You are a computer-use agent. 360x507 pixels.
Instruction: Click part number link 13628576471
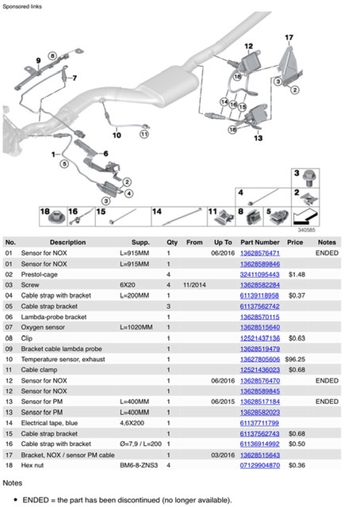(259, 253)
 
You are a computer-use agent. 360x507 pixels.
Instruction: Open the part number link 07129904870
(259, 465)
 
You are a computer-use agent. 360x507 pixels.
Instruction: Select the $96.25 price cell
(295, 359)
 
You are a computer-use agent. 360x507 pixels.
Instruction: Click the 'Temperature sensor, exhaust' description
(63, 359)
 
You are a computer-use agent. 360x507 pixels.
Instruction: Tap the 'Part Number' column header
(259, 242)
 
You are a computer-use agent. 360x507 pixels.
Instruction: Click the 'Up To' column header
(223, 242)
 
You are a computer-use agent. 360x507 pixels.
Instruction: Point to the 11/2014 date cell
(194, 285)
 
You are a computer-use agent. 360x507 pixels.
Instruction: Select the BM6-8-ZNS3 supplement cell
(139, 465)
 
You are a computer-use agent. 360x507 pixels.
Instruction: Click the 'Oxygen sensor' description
(43, 327)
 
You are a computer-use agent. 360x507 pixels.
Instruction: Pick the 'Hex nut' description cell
(32, 465)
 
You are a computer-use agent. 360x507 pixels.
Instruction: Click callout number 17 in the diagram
(289, 37)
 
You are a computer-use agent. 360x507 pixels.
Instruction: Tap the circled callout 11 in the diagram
(144, 134)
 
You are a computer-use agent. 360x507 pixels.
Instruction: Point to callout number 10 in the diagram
(117, 135)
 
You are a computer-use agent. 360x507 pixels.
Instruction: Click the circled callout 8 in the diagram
(52, 55)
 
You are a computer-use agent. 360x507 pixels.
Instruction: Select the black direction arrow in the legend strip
(305, 217)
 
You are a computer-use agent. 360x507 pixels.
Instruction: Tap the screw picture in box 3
(308, 178)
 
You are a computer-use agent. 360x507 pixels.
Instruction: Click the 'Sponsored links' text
(22, 6)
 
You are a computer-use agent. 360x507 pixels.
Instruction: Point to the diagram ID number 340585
(306, 230)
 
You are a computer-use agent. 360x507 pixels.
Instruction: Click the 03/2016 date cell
(223, 455)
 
